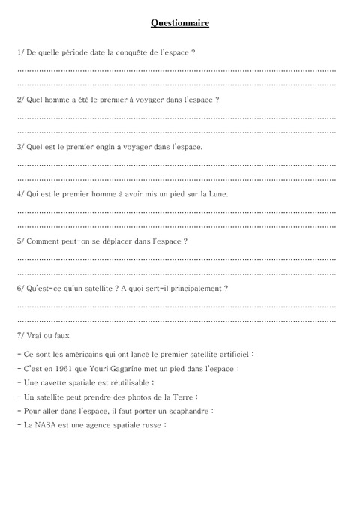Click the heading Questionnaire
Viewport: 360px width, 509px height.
point(179,24)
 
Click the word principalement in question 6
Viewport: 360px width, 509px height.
point(193,288)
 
